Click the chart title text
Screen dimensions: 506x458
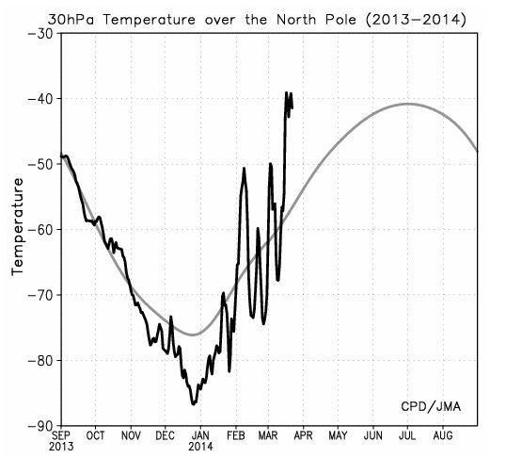click(x=257, y=20)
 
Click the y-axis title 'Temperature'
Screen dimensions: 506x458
click(x=18, y=227)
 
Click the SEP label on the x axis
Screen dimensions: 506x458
click(x=61, y=435)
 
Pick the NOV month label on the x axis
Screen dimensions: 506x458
click(x=131, y=435)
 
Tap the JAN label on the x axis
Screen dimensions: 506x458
click(x=200, y=435)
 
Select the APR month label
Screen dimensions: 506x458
click(x=303, y=435)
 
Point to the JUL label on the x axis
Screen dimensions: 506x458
click(x=407, y=435)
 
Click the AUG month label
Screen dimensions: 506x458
click(x=443, y=435)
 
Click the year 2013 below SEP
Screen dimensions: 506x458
click(x=61, y=447)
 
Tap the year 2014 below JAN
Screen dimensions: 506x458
click(x=200, y=447)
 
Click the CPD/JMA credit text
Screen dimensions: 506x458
click(x=431, y=406)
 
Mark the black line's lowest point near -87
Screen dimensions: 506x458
click(x=194, y=404)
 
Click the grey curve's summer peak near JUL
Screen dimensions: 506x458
click(x=408, y=104)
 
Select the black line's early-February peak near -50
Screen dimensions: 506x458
click(x=244, y=168)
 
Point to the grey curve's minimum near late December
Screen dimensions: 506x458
click(x=193, y=335)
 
